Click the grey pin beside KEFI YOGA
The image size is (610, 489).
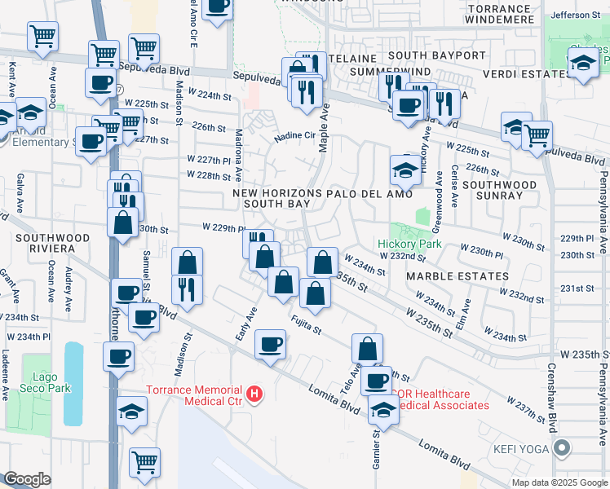point(562,447)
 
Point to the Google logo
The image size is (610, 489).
point(27,479)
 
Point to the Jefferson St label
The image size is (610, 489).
point(575,15)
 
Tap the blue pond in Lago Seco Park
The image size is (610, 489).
point(73,383)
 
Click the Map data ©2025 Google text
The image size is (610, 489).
point(559,482)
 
